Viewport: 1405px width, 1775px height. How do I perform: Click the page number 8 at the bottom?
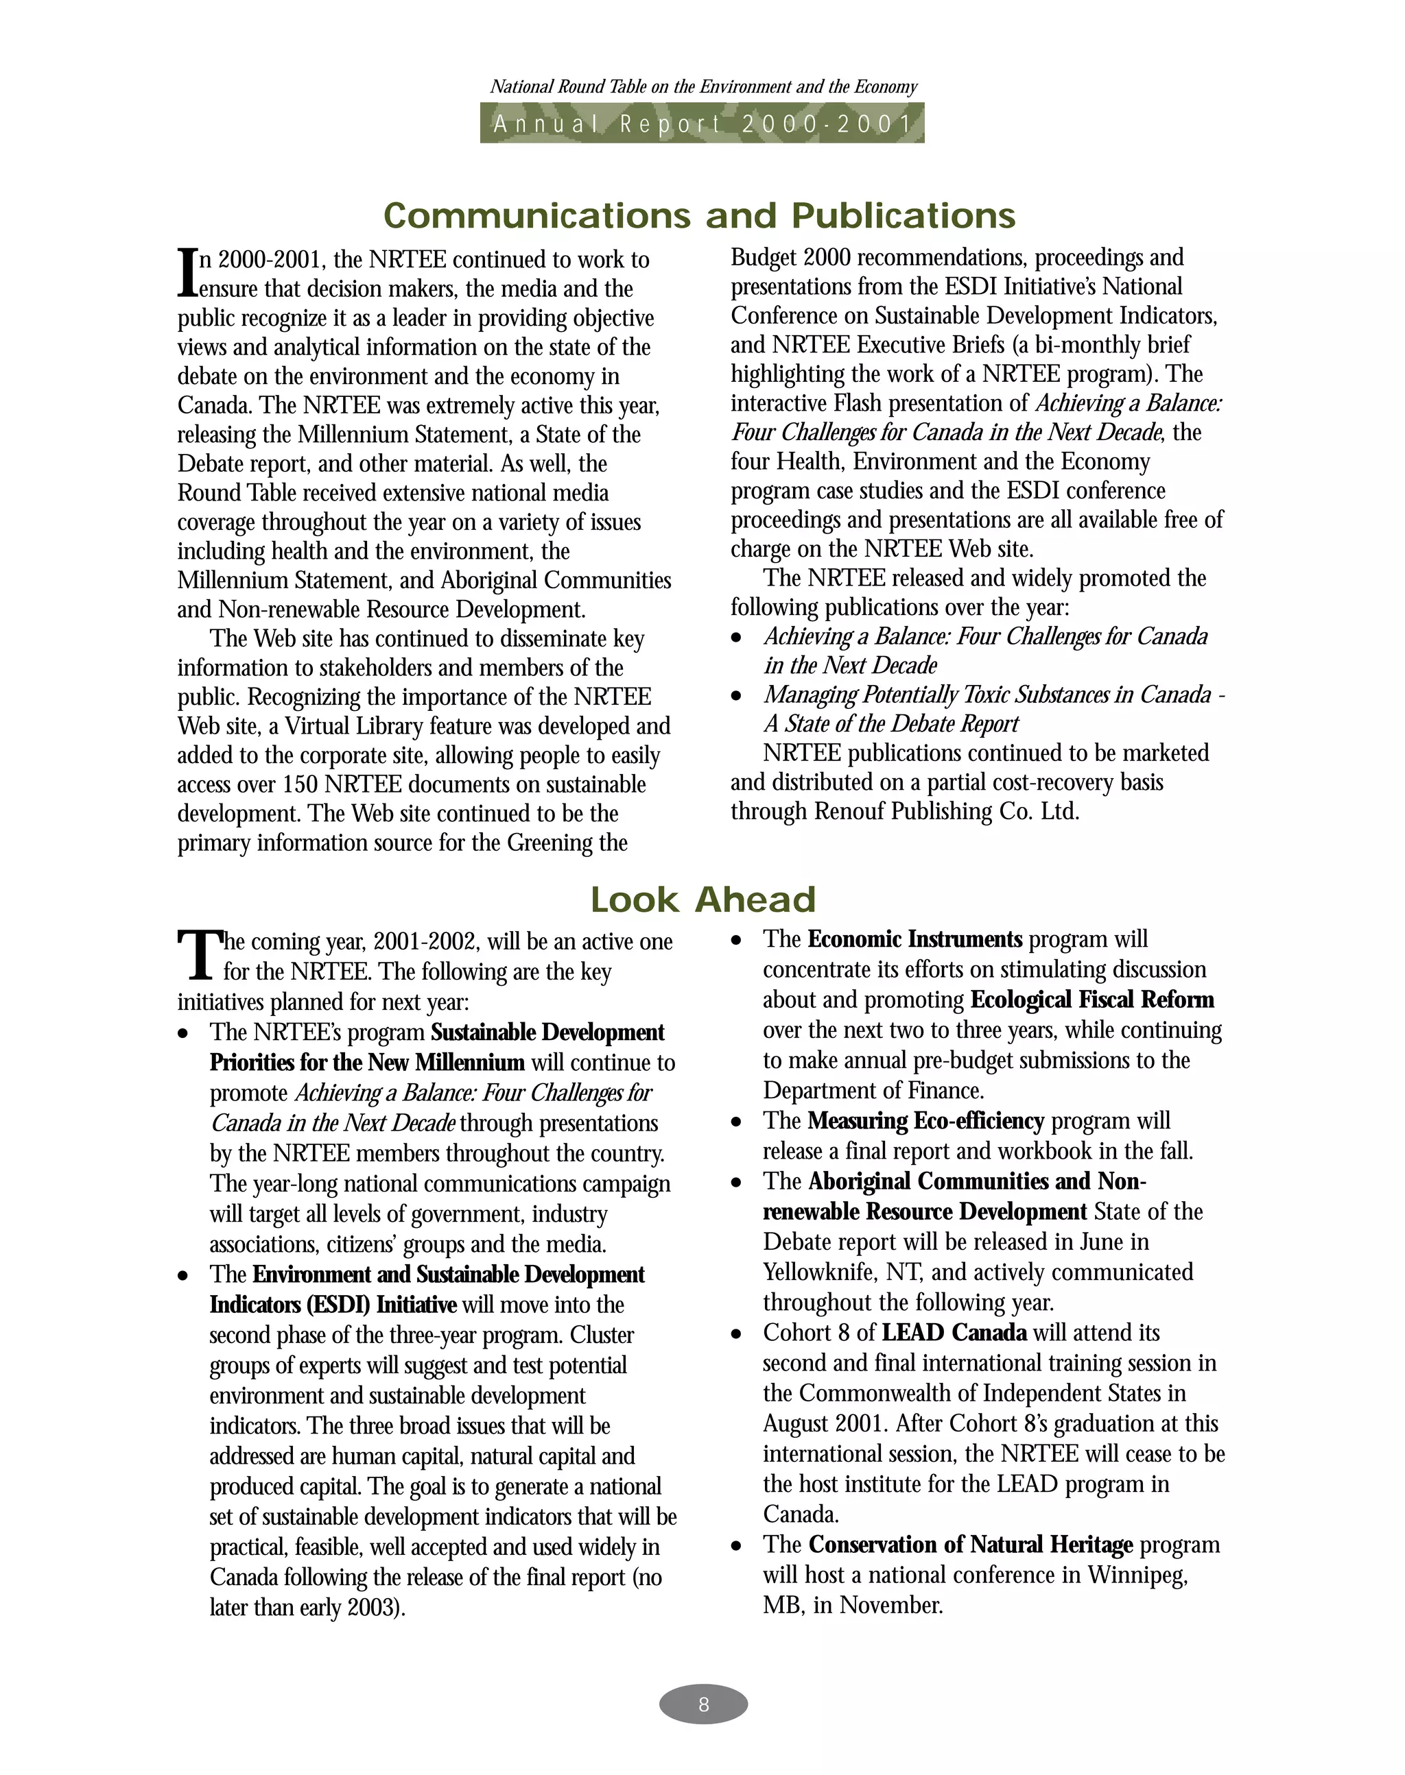pyautogui.click(x=702, y=1704)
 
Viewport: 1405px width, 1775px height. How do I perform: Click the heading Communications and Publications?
pyautogui.click(x=700, y=215)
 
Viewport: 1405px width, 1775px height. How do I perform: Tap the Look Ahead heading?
pyautogui.click(x=702, y=899)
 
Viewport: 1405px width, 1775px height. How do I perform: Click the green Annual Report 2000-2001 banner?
pyautogui.click(x=702, y=123)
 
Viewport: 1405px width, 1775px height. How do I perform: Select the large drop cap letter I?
pyautogui.click(x=187, y=274)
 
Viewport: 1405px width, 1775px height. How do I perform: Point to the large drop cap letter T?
pyautogui.click(x=198, y=955)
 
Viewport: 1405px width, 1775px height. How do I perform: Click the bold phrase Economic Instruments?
pyautogui.click(x=914, y=940)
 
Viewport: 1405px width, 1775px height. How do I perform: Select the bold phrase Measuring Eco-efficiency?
pyautogui.click(x=925, y=1122)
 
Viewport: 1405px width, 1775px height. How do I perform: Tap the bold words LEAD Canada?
pyautogui.click(x=954, y=1333)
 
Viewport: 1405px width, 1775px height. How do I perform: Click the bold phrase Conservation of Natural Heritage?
pyautogui.click(x=971, y=1545)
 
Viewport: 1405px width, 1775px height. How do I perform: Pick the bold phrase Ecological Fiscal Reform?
pyautogui.click(x=1091, y=1000)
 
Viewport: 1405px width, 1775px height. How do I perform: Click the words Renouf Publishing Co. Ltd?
pyautogui.click(x=946, y=812)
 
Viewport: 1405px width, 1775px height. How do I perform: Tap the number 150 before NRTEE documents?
pyautogui.click(x=300, y=785)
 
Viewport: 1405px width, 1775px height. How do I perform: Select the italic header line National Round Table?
pyautogui.click(x=703, y=87)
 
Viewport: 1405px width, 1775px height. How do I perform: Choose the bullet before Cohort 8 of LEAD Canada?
pyautogui.click(x=737, y=1334)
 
